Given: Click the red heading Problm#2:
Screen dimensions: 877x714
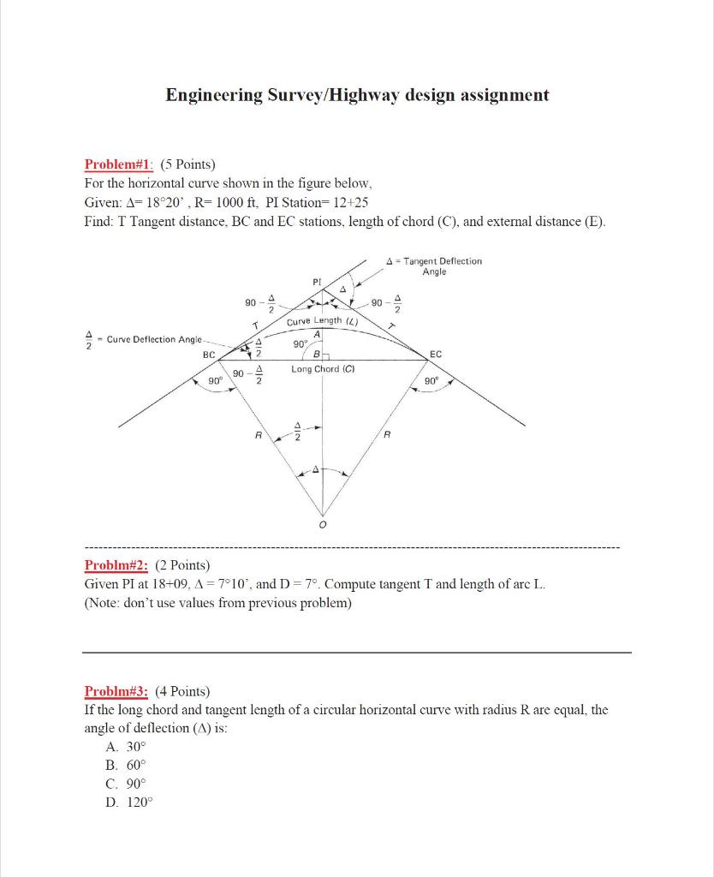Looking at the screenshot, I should point(116,564).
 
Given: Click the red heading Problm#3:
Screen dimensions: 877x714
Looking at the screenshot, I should point(116,691).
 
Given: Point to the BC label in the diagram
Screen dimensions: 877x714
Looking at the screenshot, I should point(208,353).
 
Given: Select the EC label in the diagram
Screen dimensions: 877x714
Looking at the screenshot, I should point(436,353).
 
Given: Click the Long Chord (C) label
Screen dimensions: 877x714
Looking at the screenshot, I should point(323,369).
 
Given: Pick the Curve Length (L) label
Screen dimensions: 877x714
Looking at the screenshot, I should point(322,321).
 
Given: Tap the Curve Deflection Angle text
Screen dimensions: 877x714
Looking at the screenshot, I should point(155,339).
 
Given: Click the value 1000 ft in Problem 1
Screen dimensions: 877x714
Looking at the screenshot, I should point(227,203).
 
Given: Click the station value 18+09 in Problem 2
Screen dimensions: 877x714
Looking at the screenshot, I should point(172,584).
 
